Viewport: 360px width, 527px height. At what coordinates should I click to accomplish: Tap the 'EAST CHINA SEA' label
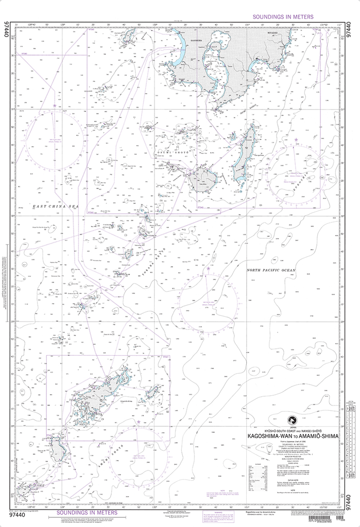[57, 206]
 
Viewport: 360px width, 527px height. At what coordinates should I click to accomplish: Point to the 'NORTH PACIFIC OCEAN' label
[271, 270]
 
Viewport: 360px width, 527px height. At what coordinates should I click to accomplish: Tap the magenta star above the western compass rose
[55, 106]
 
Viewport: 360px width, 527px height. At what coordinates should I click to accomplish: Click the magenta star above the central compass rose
[208, 268]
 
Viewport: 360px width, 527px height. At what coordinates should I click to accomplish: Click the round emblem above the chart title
[293, 424]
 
